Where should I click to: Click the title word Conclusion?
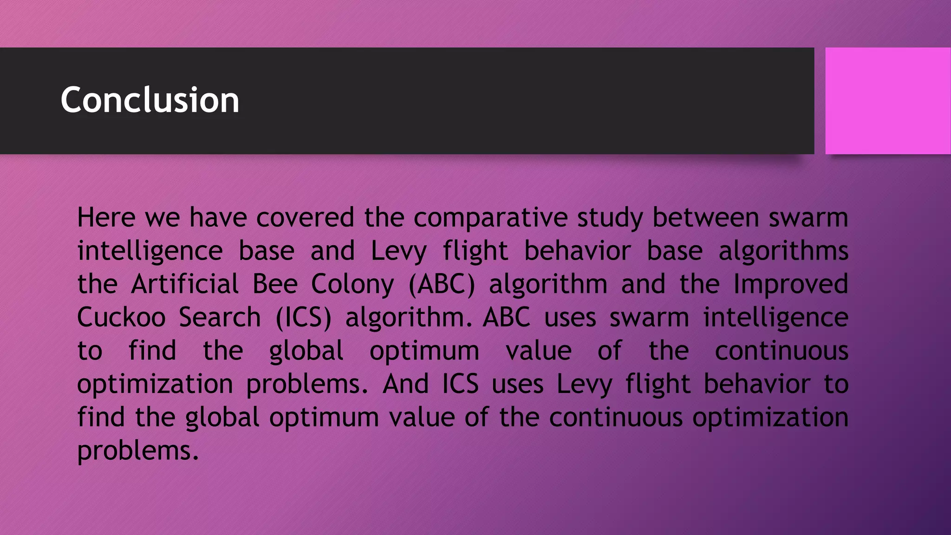coord(150,100)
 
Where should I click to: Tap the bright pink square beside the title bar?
coord(887,101)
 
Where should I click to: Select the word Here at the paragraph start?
coord(106,217)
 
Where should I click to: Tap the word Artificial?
coord(185,284)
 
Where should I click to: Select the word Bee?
coord(275,284)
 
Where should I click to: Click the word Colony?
coord(352,285)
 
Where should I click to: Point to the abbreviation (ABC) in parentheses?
coord(442,284)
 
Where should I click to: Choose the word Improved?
coord(791,285)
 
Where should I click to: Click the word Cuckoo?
coord(121,317)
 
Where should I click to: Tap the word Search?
coord(220,317)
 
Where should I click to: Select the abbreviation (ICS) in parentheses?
coord(304,318)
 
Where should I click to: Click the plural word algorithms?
coord(783,251)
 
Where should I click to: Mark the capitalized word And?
coord(405,384)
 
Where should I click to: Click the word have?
coord(218,217)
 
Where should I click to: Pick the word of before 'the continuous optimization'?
coord(476,417)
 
